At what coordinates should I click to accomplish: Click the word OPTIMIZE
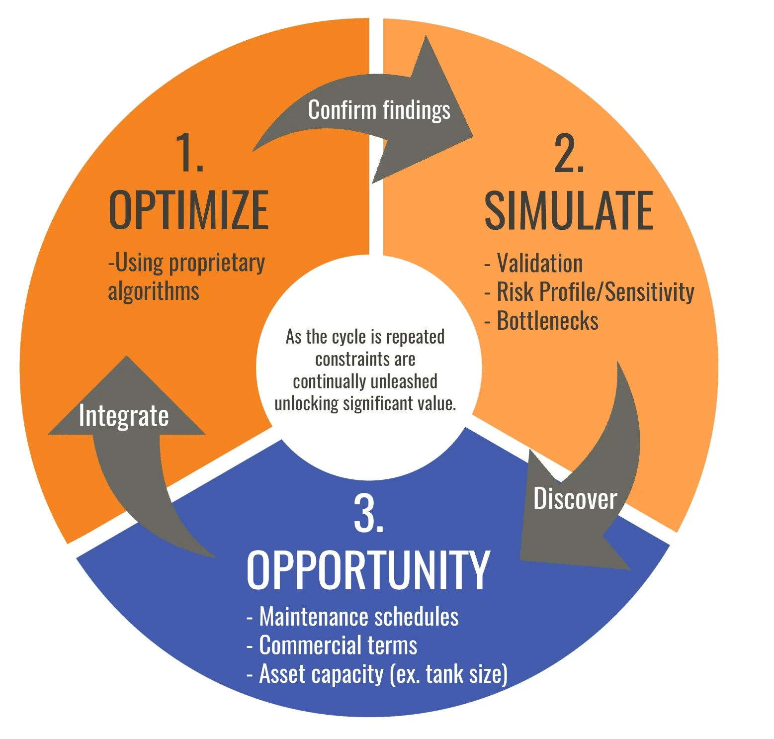188,210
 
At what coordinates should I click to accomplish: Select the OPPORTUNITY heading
368,570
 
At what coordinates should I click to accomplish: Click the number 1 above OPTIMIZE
189,153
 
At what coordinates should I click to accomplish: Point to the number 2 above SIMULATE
569,154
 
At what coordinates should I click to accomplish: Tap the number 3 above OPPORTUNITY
368,513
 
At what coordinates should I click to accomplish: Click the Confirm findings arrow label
379,110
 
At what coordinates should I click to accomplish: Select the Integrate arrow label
124,416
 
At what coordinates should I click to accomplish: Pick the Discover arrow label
575,499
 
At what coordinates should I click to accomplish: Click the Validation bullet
539,264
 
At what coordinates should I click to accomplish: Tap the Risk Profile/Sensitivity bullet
595,292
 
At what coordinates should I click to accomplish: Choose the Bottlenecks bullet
547,321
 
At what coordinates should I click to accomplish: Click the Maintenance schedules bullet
358,617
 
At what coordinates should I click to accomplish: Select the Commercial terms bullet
338,646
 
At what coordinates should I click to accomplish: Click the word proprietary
217,263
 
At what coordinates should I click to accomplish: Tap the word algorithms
154,291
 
